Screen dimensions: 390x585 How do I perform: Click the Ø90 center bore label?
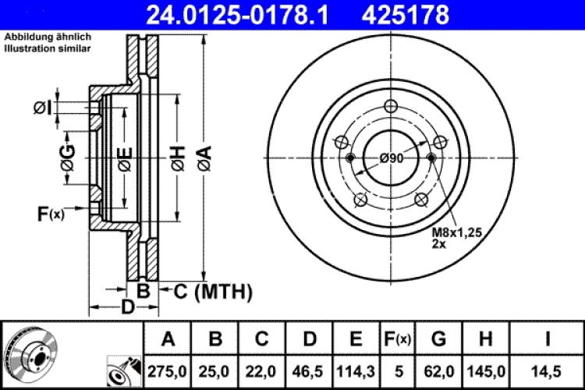pyautogui.click(x=392, y=158)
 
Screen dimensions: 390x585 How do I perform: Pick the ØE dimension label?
pyautogui.click(x=125, y=160)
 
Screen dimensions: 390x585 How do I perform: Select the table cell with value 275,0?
pyautogui.click(x=168, y=367)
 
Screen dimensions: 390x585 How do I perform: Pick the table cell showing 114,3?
pyautogui.click(x=356, y=367)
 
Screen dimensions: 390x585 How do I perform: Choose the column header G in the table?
pyautogui.click(x=439, y=339)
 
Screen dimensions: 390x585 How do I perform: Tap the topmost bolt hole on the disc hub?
pyautogui.click(x=392, y=108)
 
